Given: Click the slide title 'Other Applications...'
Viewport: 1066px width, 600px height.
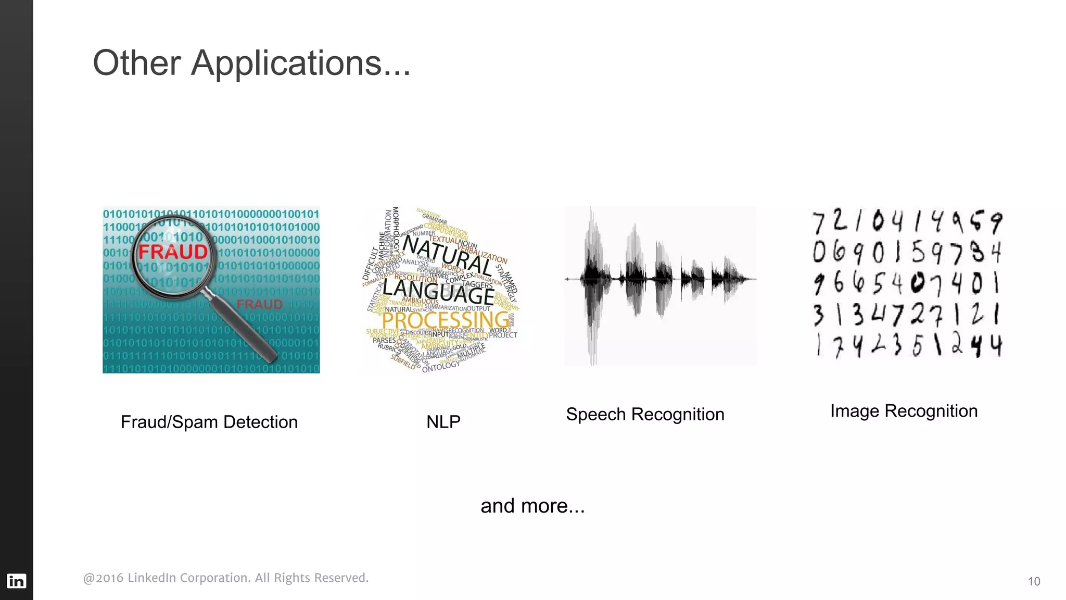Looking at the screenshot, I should (251, 63).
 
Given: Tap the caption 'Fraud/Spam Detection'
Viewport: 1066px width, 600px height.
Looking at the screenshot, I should (209, 422).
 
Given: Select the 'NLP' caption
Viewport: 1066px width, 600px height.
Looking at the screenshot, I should (443, 421).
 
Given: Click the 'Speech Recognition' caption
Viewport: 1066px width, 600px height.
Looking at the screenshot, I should (645, 414).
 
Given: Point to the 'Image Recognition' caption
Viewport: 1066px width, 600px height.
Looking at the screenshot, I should (904, 411).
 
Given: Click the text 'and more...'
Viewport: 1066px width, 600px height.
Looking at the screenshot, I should (532, 506).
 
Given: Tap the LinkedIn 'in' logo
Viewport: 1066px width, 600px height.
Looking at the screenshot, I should (16, 581).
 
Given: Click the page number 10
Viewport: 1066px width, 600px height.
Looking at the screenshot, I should (1034, 581).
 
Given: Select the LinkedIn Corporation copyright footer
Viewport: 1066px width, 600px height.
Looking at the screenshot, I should (225, 578).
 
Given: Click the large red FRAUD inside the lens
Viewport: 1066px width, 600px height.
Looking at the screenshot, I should (173, 252).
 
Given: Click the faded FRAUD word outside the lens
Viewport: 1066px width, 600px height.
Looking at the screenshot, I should (259, 304).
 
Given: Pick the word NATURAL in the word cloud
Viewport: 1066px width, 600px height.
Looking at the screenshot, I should (448, 255).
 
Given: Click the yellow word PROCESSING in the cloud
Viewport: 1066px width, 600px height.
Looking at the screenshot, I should (445, 320).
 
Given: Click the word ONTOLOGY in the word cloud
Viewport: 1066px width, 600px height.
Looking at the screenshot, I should (441, 366).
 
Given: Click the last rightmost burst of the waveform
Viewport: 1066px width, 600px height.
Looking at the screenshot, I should (726, 279).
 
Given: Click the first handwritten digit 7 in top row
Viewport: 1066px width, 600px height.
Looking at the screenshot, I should (819, 222).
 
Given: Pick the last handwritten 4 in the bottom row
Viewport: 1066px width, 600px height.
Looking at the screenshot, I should (996, 346).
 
